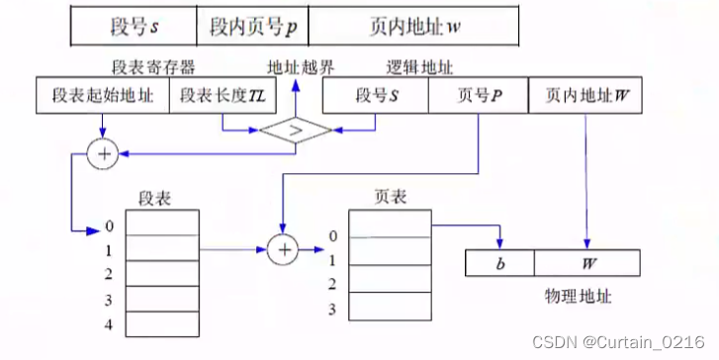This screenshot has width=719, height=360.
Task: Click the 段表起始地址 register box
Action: (x=103, y=97)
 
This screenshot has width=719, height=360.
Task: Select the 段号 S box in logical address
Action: (x=376, y=97)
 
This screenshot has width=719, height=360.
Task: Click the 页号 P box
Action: (x=480, y=97)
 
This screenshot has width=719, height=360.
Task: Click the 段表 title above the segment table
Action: (x=157, y=199)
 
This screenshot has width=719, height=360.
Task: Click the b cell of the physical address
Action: (x=499, y=264)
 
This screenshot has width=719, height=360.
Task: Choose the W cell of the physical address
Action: (x=588, y=264)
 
